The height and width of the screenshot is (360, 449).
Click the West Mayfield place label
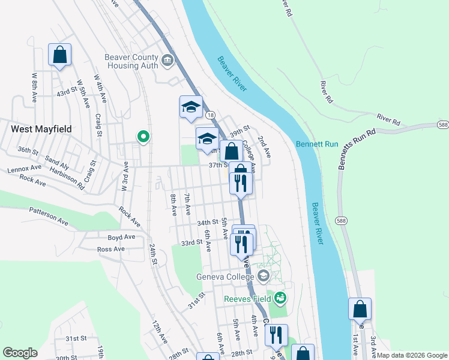[40, 128]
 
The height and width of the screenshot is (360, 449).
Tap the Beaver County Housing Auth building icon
[167, 59]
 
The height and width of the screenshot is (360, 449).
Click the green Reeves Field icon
[280, 297]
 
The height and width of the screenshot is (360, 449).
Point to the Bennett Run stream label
[317, 144]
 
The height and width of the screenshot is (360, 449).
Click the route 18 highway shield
[209, 114]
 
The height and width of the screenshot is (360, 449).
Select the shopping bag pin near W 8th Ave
[59, 55]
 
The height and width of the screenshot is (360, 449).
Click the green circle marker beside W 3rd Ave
[143, 137]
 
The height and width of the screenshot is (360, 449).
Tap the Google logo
[20, 353]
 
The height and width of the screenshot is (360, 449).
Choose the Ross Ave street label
[110, 249]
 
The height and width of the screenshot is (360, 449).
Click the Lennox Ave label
[25, 170]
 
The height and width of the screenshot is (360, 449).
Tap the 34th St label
[208, 223]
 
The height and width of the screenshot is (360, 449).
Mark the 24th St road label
[153, 254]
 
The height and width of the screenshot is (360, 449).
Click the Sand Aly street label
[57, 161]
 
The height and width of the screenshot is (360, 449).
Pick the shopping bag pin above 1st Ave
[360, 310]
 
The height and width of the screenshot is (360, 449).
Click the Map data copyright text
[411, 355]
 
